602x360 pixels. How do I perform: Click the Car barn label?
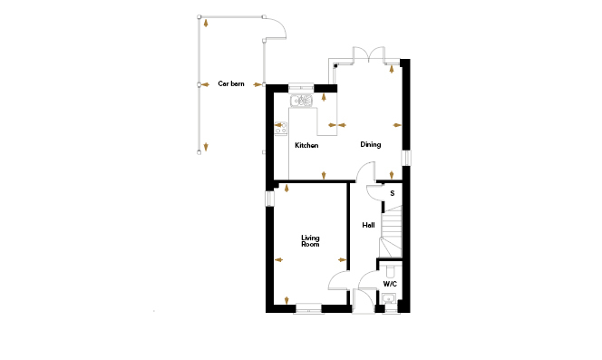231,83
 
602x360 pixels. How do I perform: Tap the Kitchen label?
306,145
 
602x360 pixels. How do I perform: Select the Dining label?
371,144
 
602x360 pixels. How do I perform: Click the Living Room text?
310,241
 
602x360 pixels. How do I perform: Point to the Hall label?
369,225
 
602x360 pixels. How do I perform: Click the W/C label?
390,285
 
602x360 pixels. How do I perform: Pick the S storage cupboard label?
392,193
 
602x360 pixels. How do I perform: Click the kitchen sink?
301,101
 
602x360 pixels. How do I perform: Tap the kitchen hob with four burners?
281,129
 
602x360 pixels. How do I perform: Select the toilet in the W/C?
391,271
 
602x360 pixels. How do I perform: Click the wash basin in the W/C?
389,298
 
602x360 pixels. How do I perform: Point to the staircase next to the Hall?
391,231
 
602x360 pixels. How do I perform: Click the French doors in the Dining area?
369,54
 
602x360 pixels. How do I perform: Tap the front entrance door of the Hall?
364,301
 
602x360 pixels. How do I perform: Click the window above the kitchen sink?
301,88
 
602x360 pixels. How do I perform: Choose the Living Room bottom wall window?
308,308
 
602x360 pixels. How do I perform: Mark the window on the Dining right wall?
406,158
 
